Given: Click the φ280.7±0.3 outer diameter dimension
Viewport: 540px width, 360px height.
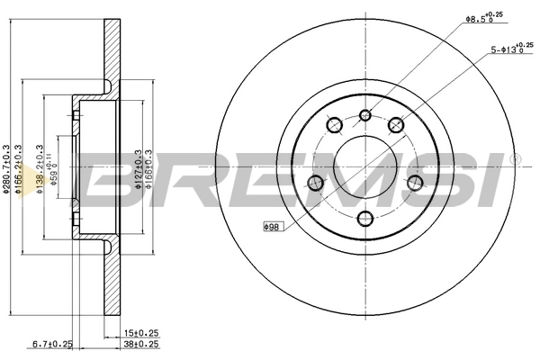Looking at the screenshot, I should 6,170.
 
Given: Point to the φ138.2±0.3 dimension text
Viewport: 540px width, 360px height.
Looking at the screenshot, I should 40,170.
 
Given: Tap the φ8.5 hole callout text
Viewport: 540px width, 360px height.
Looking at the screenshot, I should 482,17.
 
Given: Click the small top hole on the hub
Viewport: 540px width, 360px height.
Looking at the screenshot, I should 365,114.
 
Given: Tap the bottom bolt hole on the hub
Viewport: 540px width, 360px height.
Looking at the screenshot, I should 365,219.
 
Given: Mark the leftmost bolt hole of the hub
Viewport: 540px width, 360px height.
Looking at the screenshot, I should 315,184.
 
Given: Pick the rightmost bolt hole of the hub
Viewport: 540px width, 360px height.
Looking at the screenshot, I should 416,184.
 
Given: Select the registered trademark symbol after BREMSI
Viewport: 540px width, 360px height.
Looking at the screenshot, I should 515,158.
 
